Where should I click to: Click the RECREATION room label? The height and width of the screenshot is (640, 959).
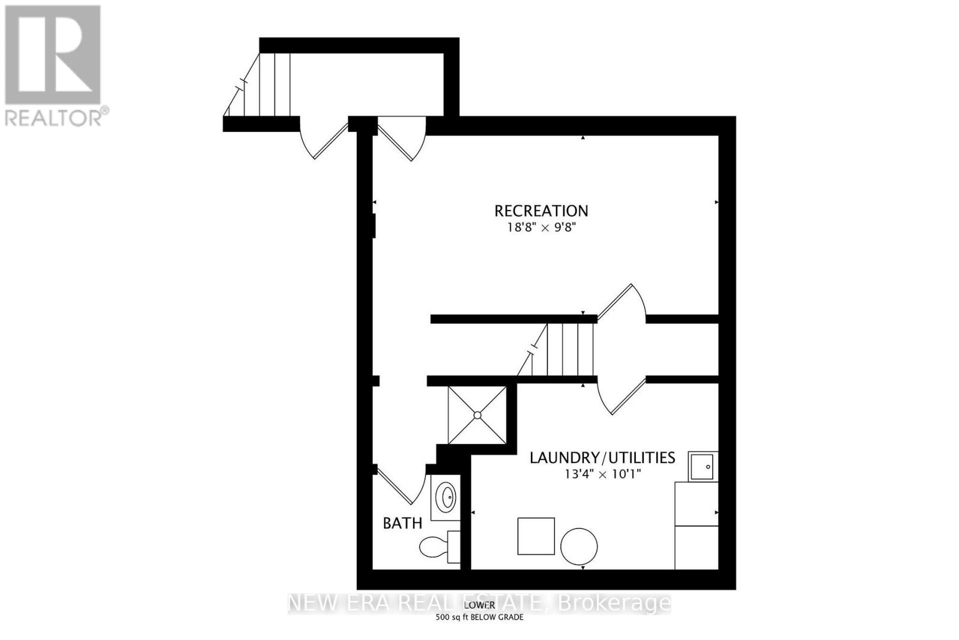point(541,211)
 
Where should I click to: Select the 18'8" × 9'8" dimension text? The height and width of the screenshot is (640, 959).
point(541,227)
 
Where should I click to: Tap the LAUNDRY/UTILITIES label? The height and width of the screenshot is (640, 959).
point(602,458)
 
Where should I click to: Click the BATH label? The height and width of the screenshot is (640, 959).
point(402,523)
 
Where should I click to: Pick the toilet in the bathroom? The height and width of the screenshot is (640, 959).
point(439,546)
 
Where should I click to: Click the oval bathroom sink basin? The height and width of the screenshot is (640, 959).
point(446,497)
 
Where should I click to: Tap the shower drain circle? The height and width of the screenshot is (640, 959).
point(477,415)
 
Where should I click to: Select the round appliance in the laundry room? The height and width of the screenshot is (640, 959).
point(579,546)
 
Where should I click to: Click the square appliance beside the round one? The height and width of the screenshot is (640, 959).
point(536,536)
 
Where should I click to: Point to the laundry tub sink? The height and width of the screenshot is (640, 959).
point(703,466)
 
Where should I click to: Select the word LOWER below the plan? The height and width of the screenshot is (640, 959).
point(479,605)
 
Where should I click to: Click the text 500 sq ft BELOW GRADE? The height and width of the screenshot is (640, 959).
point(479,617)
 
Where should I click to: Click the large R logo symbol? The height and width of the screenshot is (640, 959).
point(52,55)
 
